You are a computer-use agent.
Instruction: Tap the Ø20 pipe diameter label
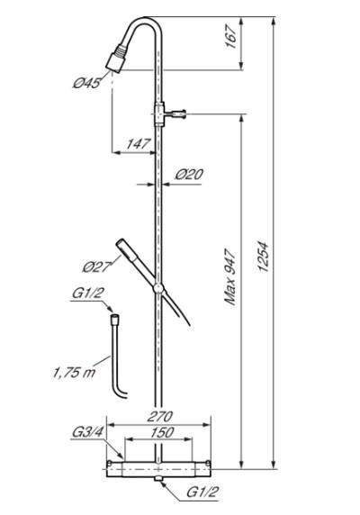189,175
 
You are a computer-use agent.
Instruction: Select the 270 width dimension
159,417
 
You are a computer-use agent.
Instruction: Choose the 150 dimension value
159,433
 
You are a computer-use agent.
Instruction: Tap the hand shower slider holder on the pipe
158,288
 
